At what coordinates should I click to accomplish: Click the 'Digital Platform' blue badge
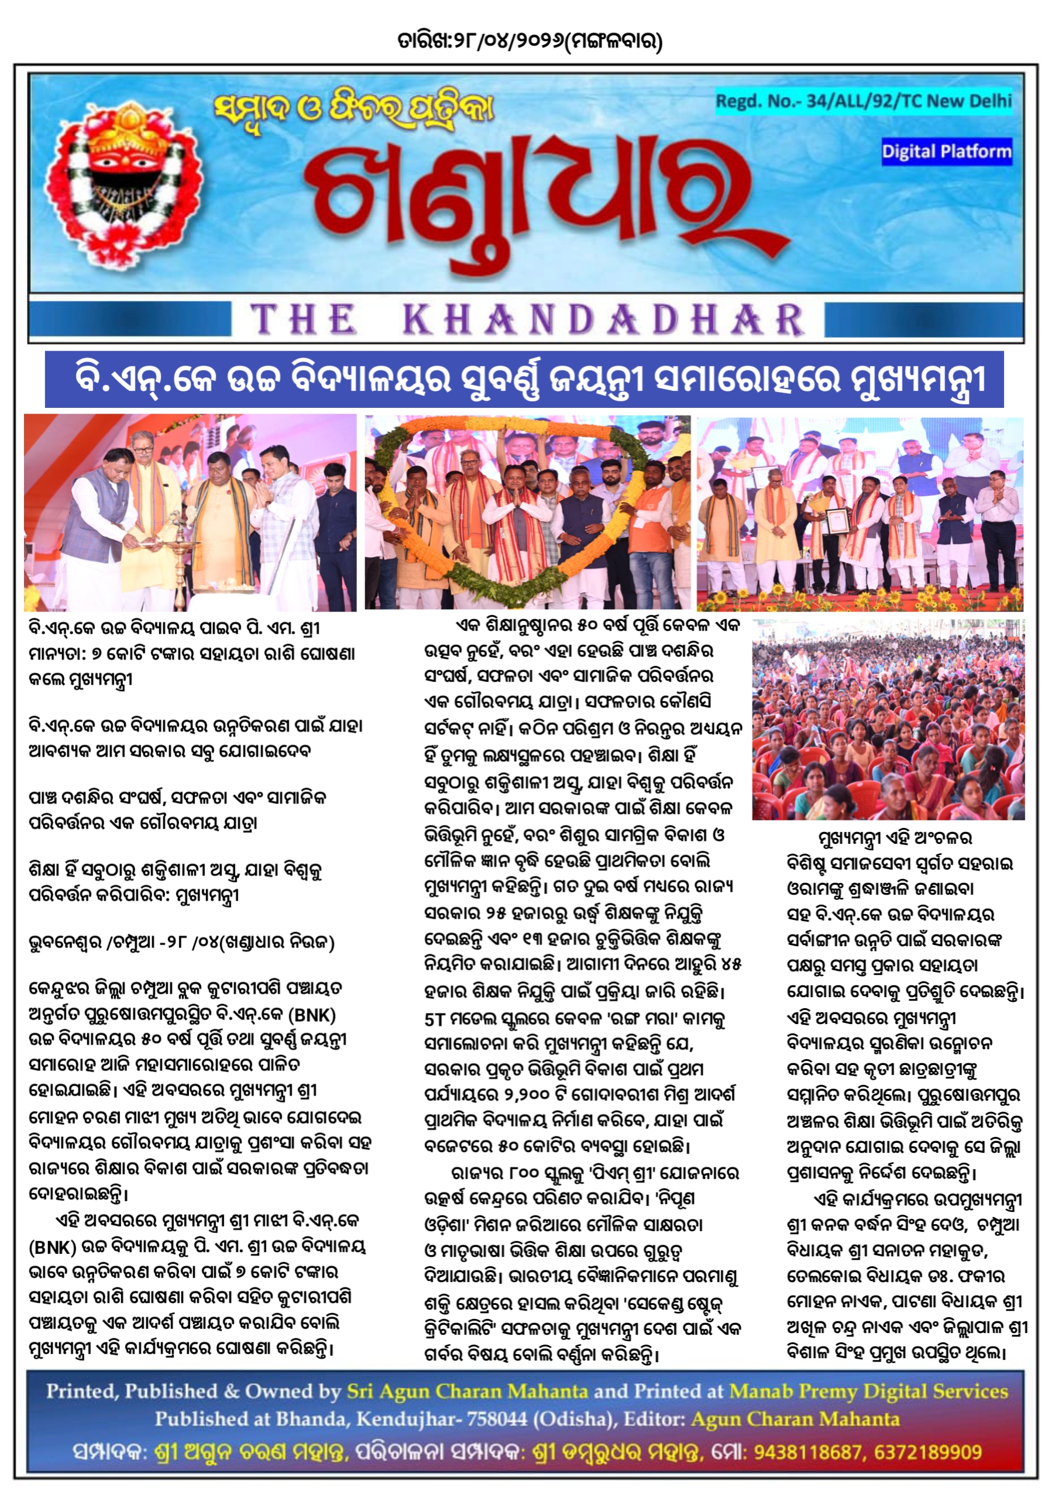(946, 152)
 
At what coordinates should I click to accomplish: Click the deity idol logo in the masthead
(123, 183)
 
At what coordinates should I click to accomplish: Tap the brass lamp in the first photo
(174, 535)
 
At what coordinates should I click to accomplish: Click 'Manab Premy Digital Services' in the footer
(868, 1392)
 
